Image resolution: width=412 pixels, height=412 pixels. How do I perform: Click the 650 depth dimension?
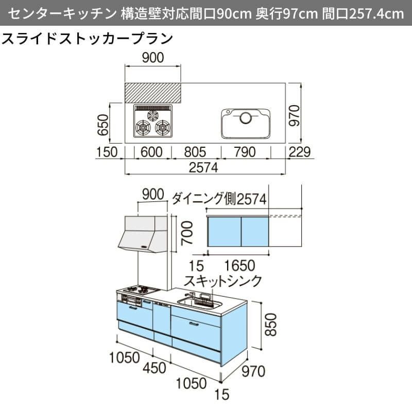102,124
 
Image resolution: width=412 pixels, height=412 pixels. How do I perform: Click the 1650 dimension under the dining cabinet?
240,266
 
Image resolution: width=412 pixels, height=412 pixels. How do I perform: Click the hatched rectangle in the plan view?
153,93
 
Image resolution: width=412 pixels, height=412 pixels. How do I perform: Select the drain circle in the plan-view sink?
246,118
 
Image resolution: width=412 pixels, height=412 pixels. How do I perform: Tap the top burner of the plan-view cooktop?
153,115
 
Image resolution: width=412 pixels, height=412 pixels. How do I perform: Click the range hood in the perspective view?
144,234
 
